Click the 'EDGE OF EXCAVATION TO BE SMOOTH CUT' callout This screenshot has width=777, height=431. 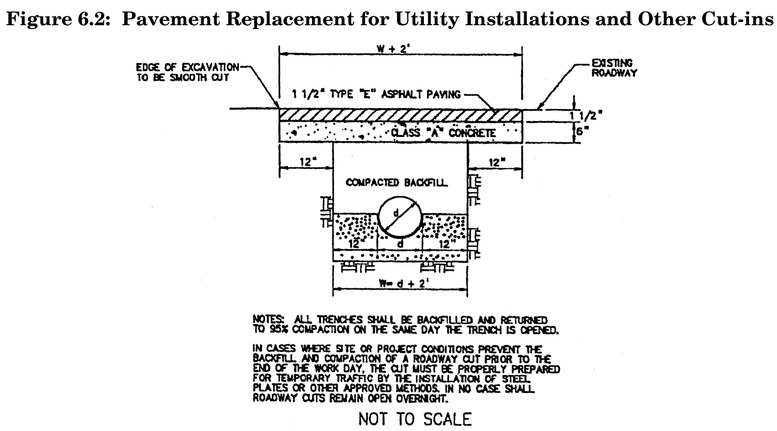(187, 72)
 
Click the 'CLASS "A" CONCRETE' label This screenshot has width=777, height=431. (444, 133)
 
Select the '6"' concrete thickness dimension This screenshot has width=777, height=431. (581, 132)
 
